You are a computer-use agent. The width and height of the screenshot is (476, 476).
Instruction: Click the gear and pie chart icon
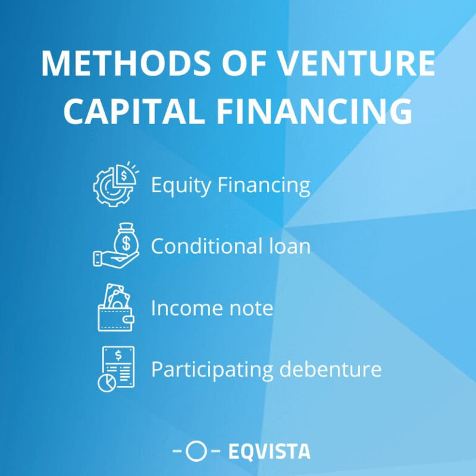[115, 184]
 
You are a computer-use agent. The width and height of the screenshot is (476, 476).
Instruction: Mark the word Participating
[212, 370]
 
